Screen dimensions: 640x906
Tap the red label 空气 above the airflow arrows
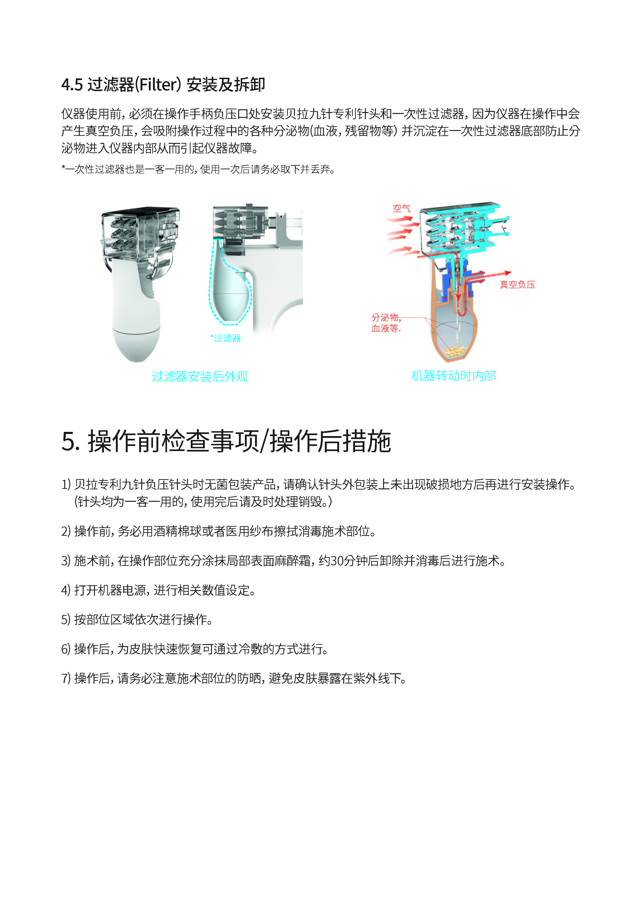[x=401, y=208]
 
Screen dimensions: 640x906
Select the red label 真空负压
[x=517, y=285]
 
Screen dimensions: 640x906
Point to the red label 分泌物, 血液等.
[x=386, y=323]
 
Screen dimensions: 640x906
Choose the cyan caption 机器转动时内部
[x=453, y=376]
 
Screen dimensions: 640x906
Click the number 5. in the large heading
[x=71, y=441]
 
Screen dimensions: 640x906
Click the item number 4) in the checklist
[x=66, y=590]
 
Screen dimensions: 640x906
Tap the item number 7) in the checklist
[x=66, y=679]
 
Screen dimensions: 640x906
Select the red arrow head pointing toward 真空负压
[x=508, y=273]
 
